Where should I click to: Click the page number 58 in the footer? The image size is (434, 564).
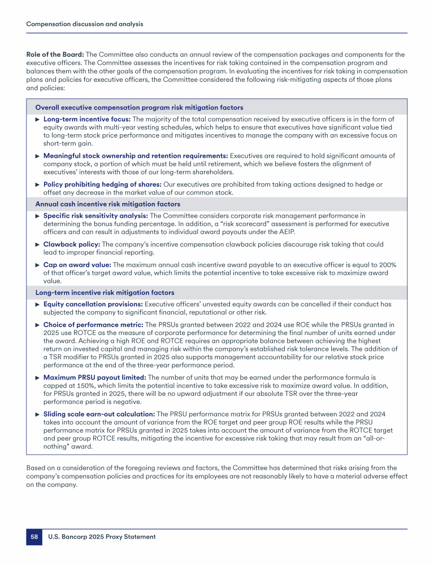(34, 537)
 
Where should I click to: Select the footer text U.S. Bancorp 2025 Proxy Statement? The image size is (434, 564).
(102, 537)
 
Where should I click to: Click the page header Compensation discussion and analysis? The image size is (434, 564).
(85, 24)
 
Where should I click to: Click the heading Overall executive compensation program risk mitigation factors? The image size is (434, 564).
(139, 107)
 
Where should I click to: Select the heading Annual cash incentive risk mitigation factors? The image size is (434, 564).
(108, 204)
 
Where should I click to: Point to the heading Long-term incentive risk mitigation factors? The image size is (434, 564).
(105, 293)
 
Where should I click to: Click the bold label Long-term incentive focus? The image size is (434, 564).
(87, 120)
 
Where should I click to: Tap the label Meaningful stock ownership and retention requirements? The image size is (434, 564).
(136, 156)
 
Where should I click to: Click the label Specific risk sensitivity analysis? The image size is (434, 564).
(96, 215)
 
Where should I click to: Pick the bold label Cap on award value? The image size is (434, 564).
(77, 265)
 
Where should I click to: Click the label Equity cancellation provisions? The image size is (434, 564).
(93, 304)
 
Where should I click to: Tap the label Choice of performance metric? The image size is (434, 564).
(93, 325)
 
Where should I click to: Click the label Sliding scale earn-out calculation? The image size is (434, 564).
(99, 414)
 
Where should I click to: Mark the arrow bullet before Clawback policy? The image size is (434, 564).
(38, 245)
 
